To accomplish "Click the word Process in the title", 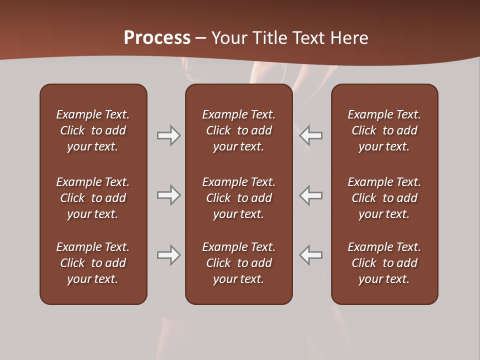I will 157,38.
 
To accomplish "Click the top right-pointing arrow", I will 168,135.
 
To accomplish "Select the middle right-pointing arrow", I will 168,195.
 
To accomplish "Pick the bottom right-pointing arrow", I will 168,255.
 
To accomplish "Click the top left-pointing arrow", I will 311,135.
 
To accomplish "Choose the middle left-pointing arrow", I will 311,195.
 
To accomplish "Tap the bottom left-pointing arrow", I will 311,255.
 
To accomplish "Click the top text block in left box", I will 93,130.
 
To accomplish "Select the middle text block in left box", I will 93,198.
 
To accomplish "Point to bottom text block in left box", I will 93,263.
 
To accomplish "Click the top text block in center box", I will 239,130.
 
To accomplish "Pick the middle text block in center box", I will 239,198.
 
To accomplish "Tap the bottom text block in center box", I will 239,263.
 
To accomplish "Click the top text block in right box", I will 384,130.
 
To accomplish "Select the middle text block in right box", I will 384,198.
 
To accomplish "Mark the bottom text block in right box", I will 384,263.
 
